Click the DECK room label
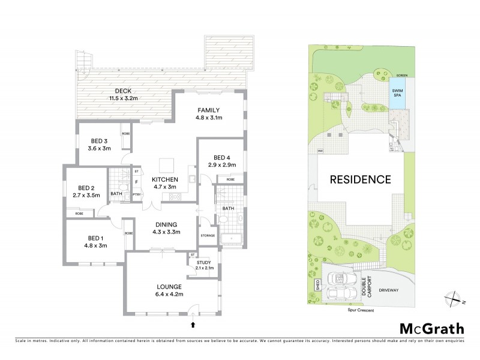tap(120, 92)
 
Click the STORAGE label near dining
tap(208, 235)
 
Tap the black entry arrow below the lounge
tap(193, 326)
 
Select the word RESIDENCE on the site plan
tap(359, 179)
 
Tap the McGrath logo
tap(431, 328)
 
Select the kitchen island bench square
tap(166, 164)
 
